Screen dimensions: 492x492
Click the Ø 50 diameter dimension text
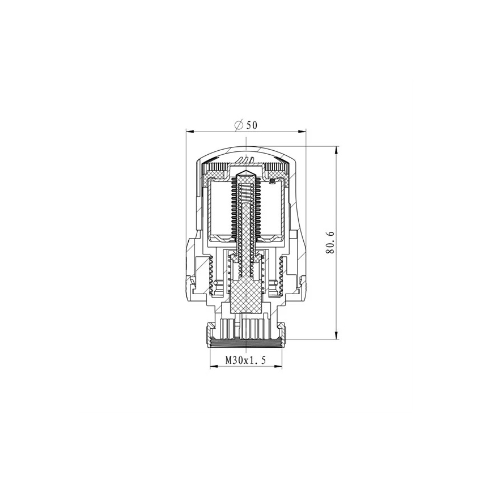(x=245, y=125)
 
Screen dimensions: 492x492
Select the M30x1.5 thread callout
(x=246, y=359)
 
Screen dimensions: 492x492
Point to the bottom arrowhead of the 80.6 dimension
(x=337, y=336)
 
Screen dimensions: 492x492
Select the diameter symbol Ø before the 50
(x=238, y=125)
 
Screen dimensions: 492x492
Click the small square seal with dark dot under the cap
(x=272, y=181)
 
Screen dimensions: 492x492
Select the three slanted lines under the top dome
(x=245, y=158)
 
